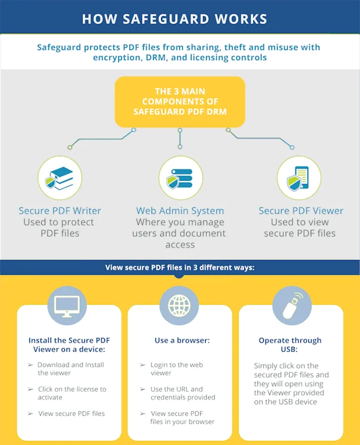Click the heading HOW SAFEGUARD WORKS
[x=174, y=19]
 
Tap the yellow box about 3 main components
[x=180, y=101]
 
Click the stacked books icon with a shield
[x=60, y=178]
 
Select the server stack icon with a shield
[x=181, y=178]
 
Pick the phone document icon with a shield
[x=299, y=178]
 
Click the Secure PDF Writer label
[x=60, y=211]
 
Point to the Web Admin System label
[x=180, y=211]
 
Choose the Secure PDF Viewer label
[x=301, y=211]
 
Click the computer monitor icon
[x=66, y=306]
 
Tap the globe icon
[x=179, y=306]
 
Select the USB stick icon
[x=292, y=306]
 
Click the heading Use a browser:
[x=182, y=340]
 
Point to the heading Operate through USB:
[x=290, y=345]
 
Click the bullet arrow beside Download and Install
[x=30, y=365]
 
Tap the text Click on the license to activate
[x=72, y=393]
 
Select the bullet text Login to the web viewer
[x=177, y=369]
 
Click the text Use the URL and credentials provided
[x=183, y=393]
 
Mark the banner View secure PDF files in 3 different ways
[x=180, y=267]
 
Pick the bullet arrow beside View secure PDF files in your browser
[x=143, y=414]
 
